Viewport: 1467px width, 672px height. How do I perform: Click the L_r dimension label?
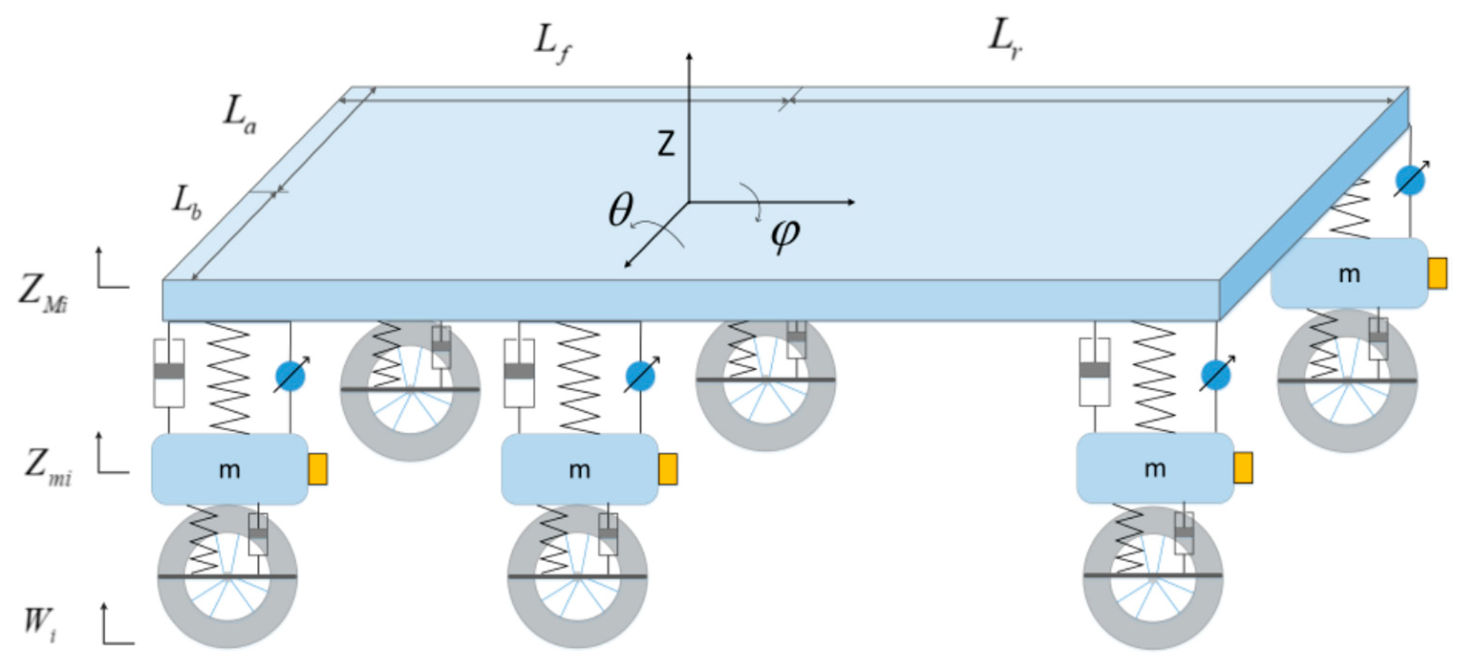tap(1005, 40)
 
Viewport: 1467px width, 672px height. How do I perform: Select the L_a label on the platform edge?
tap(239, 116)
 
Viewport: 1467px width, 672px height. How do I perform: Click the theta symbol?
tap(621, 210)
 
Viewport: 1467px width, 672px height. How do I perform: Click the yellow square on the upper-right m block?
tap(1437, 273)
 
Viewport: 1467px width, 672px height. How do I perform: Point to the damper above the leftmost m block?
tap(169, 373)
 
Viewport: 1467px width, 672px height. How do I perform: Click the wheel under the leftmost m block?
tap(227, 577)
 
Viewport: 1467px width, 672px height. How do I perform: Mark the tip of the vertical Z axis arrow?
tap(689, 54)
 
